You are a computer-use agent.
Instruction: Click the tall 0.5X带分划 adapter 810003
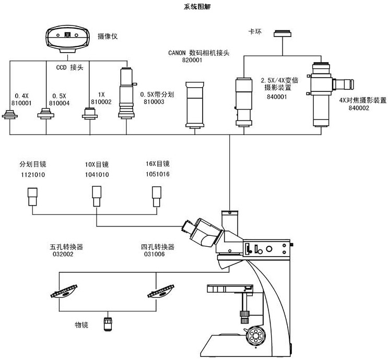126,94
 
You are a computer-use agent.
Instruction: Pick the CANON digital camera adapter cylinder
196,104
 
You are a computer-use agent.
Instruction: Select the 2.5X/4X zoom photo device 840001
243,101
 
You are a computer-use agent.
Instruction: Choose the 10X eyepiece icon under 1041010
96,196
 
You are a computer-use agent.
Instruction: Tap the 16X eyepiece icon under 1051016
156,196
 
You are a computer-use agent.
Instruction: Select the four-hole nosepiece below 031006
162,290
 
